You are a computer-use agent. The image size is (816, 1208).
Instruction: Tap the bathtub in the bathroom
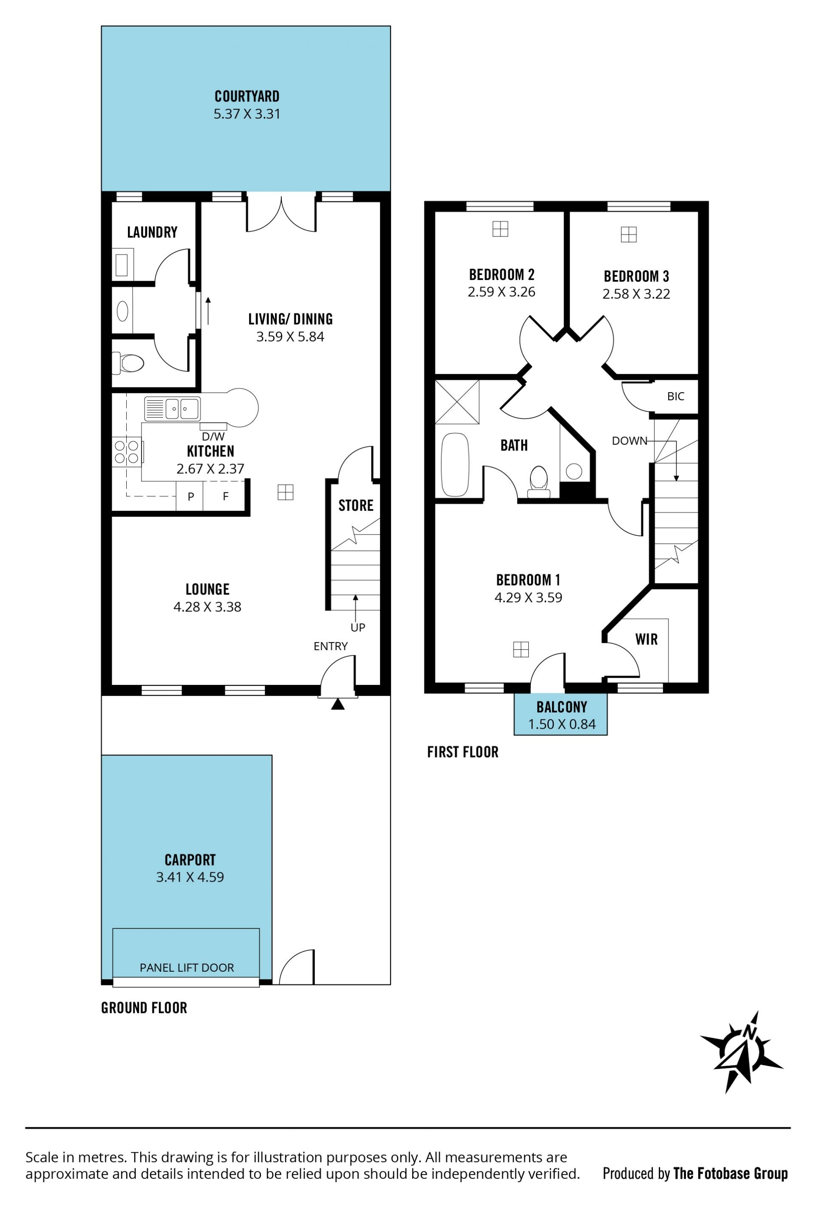455,464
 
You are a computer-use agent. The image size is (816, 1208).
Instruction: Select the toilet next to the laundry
128,363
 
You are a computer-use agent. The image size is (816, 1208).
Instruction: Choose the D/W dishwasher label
213,437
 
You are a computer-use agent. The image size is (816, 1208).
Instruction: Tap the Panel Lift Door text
187,968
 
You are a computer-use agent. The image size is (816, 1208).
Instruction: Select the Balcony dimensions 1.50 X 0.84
562,724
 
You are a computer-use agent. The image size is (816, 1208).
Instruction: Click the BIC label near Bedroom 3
676,396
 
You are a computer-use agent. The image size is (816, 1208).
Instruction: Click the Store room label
356,505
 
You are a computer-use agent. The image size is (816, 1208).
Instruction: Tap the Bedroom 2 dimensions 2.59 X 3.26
501,292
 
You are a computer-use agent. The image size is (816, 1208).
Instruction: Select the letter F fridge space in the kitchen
226,496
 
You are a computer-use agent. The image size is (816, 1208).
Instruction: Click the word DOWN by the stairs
629,441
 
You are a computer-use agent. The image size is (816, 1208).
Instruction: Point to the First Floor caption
462,752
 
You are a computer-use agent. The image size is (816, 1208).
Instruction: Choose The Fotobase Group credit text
730,1173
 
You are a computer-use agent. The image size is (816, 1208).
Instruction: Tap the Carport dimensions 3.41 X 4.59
190,877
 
